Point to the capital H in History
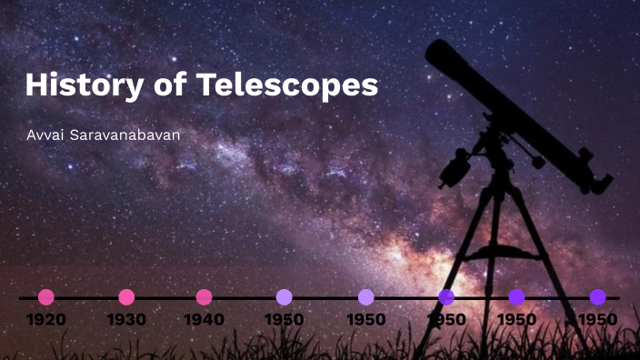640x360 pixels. coord(36,85)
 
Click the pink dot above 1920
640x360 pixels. coord(46,297)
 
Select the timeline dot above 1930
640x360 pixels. coord(126,297)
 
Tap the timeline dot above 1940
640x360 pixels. coord(205,297)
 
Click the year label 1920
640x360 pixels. coord(45,320)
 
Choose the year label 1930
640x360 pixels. coord(126,320)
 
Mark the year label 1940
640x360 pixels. coord(205,320)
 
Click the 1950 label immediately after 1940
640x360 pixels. coord(285,320)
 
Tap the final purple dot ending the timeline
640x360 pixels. coord(597,297)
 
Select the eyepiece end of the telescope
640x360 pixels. coord(600,181)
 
